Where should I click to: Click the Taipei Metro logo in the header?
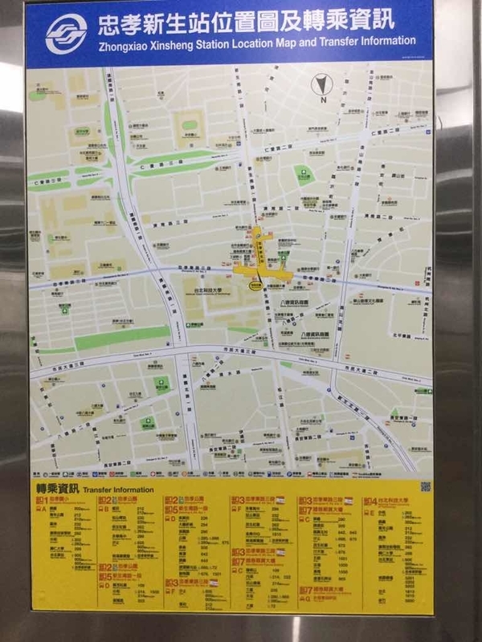67,33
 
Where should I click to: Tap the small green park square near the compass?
304,173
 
